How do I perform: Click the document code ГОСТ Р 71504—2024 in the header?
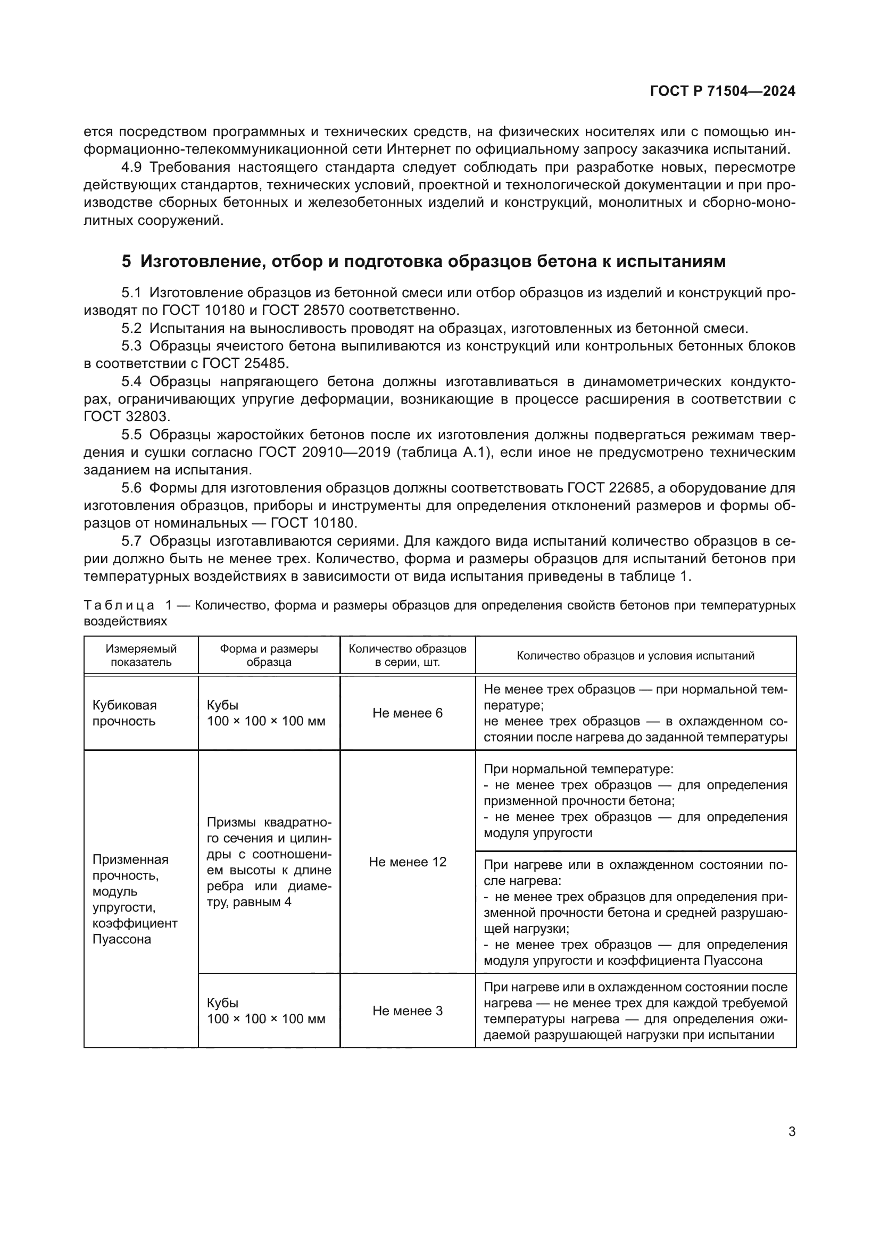click(723, 91)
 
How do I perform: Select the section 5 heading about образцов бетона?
click(423, 262)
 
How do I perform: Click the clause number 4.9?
click(131, 168)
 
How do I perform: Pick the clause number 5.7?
click(131, 541)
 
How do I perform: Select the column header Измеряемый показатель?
click(141, 655)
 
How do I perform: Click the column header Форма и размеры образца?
click(269, 655)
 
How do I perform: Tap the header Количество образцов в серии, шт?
click(408, 655)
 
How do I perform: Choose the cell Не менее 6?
click(408, 713)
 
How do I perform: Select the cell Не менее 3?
click(408, 1011)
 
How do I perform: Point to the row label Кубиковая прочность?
click(124, 713)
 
